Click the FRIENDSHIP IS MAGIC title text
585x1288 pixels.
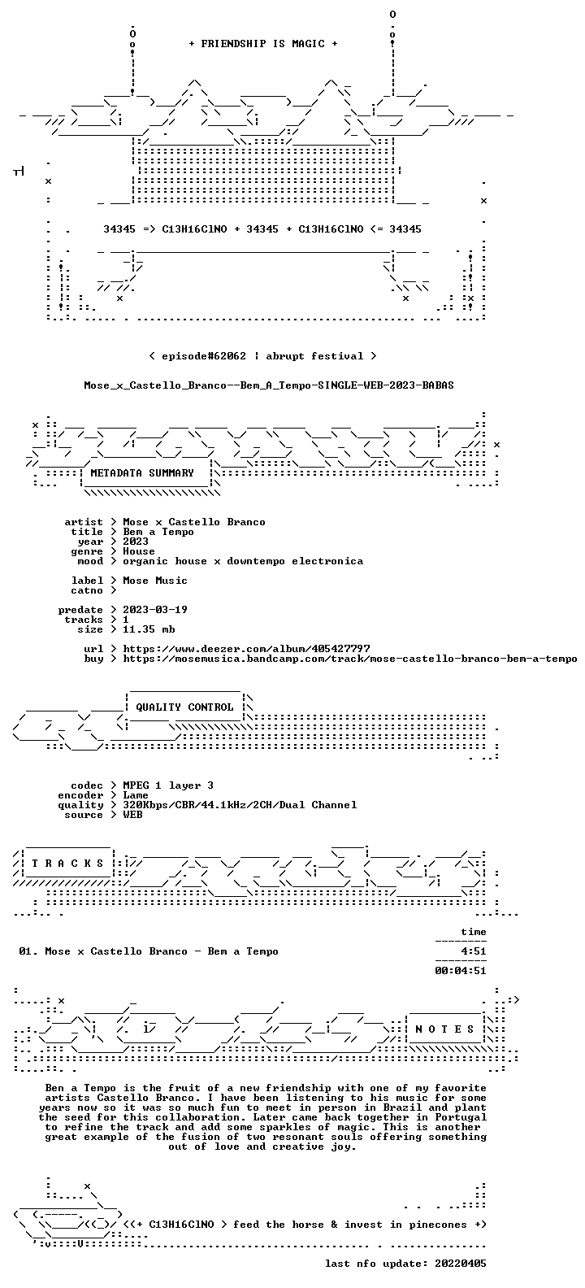[262, 44]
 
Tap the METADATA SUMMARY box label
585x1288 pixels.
[142, 472]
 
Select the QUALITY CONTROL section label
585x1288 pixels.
[184, 707]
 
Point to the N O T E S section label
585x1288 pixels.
[444, 1029]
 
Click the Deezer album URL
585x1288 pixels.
[246, 649]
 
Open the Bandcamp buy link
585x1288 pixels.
[350, 659]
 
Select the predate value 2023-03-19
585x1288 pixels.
[155, 610]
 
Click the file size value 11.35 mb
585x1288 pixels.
[149, 629]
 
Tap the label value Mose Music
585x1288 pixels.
[155, 581]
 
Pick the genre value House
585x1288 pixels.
[139, 550]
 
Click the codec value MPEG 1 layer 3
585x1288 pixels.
[168, 785]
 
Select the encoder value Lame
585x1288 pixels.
[136, 794]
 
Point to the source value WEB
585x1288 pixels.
[132, 814]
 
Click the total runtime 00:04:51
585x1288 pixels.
[461, 971]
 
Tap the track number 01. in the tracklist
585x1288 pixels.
[28, 951]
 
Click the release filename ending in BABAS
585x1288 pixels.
[269, 385]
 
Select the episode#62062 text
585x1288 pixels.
[204, 356]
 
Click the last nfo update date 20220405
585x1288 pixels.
[461, 1264]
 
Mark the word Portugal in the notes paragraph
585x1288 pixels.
[461, 1117]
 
